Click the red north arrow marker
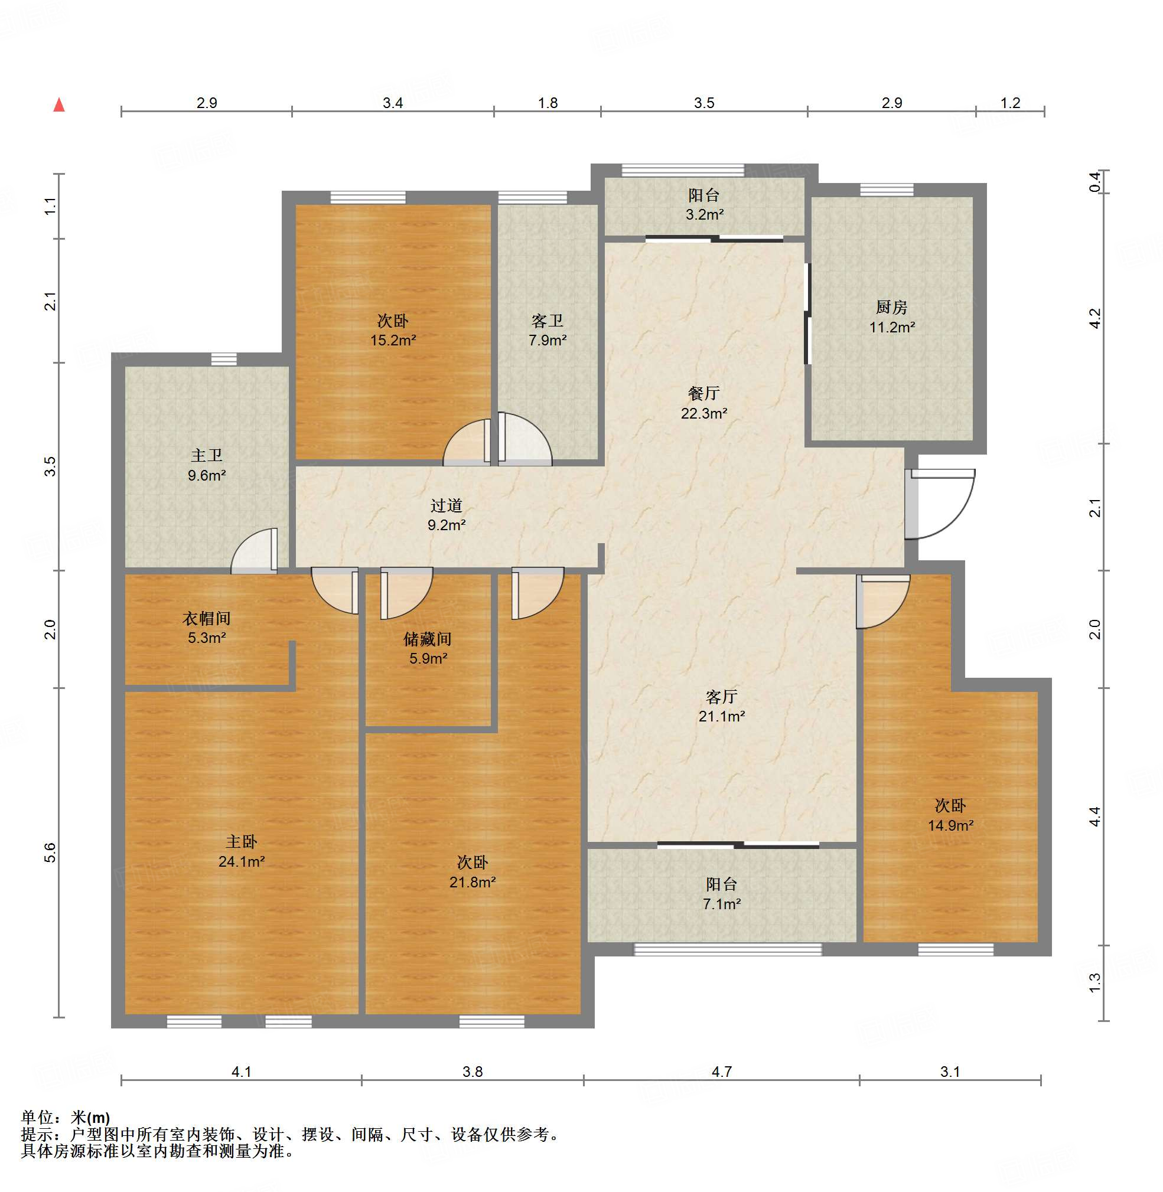click(x=59, y=104)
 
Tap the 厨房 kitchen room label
click(x=892, y=306)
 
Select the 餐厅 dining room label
click(x=703, y=393)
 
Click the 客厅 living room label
click(x=721, y=696)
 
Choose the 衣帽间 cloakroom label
click(x=207, y=618)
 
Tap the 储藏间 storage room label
click(x=428, y=639)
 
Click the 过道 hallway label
click(x=446, y=505)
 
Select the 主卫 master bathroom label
click(x=207, y=455)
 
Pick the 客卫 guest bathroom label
click(x=548, y=320)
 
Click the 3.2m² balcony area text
click(x=704, y=214)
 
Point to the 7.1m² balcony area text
click(x=722, y=904)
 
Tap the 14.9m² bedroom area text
click(x=950, y=825)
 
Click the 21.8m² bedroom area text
click(x=472, y=882)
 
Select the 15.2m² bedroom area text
click(x=393, y=340)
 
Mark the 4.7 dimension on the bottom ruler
click(x=721, y=1072)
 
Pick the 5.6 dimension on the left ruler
click(x=50, y=853)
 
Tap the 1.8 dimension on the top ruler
click(x=548, y=103)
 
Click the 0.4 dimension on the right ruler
click(x=1094, y=182)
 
